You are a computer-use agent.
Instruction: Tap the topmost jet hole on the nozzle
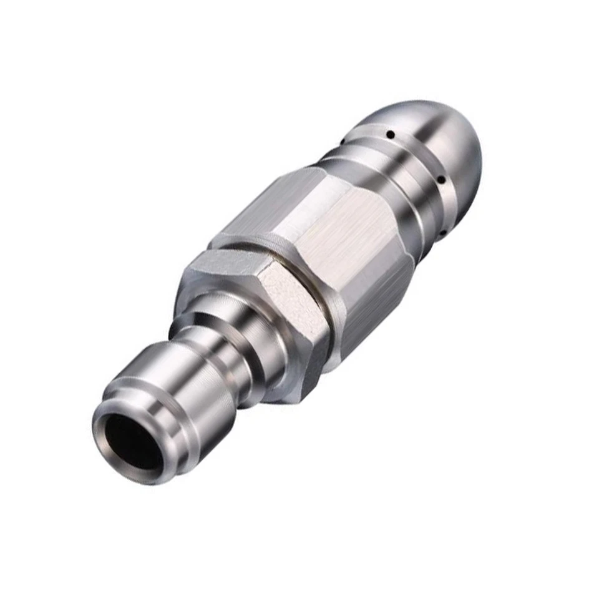(389, 134)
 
